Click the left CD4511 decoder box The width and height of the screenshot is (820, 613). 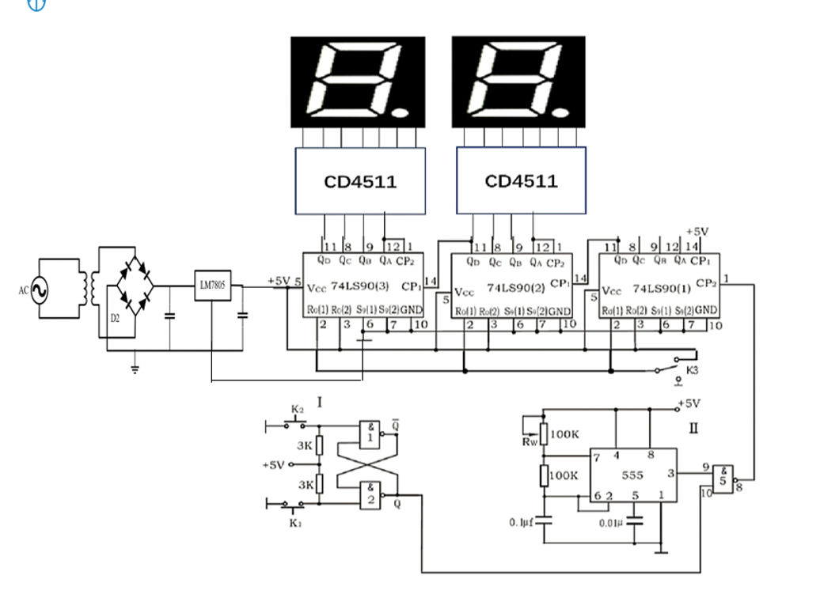click(360, 181)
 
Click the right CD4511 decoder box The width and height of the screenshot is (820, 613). click(522, 181)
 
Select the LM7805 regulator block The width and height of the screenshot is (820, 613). click(212, 286)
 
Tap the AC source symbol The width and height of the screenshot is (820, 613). click(36, 290)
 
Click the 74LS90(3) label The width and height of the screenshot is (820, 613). click(356, 287)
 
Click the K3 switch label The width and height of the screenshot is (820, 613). click(692, 369)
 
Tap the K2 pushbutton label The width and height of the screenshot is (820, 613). click(297, 409)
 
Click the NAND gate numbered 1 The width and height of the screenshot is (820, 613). click(368, 433)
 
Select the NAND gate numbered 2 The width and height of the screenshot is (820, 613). click(368, 495)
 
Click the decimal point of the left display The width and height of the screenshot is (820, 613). click(401, 110)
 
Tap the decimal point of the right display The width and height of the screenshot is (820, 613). click(563, 110)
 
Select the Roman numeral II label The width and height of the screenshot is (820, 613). click(693, 428)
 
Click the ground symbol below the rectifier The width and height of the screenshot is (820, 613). click(135, 368)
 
